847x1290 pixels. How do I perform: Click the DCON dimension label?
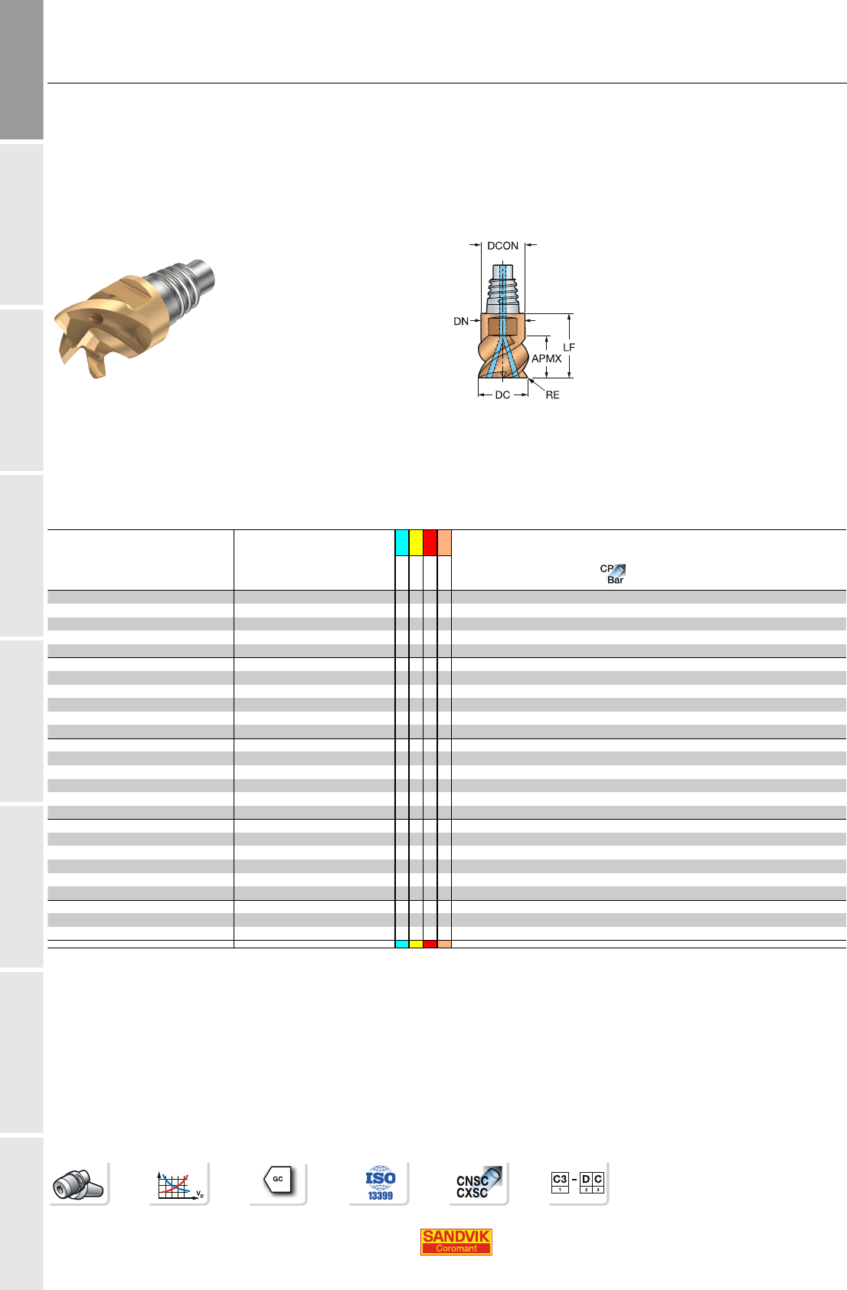point(502,246)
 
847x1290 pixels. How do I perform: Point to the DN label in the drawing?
point(460,321)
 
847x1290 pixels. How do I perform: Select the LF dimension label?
point(569,347)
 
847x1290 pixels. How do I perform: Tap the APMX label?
point(546,359)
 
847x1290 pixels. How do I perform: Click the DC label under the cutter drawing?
point(502,395)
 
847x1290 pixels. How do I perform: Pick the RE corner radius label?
point(552,395)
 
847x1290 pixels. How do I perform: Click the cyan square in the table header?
point(402,542)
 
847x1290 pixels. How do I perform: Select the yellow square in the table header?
point(416,542)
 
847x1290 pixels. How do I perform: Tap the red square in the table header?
point(430,542)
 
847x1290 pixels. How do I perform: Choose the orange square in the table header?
point(444,542)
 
